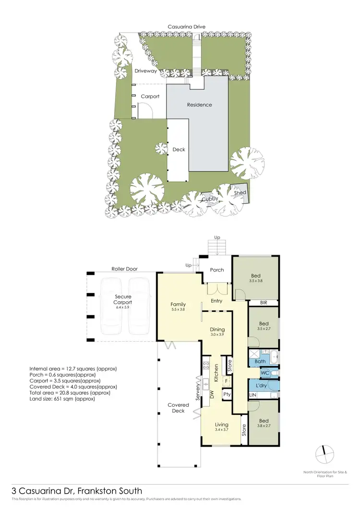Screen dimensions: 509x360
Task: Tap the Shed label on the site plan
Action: (x=240, y=193)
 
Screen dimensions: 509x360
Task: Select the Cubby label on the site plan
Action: (x=210, y=199)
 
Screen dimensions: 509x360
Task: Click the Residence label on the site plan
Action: (x=199, y=105)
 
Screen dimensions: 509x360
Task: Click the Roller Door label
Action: (x=125, y=269)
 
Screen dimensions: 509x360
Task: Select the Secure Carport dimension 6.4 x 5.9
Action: (x=123, y=307)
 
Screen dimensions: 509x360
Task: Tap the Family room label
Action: (x=178, y=304)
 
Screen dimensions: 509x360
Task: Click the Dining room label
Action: (x=217, y=330)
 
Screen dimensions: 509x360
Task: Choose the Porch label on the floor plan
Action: (x=217, y=270)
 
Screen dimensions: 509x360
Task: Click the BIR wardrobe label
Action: (x=263, y=303)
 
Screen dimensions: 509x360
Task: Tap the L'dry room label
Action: (x=262, y=386)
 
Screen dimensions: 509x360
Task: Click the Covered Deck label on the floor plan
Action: (x=178, y=408)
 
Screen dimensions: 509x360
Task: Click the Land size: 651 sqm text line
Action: (x=59, y=398)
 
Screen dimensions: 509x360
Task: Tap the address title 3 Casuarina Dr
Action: (x=77, y=491)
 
